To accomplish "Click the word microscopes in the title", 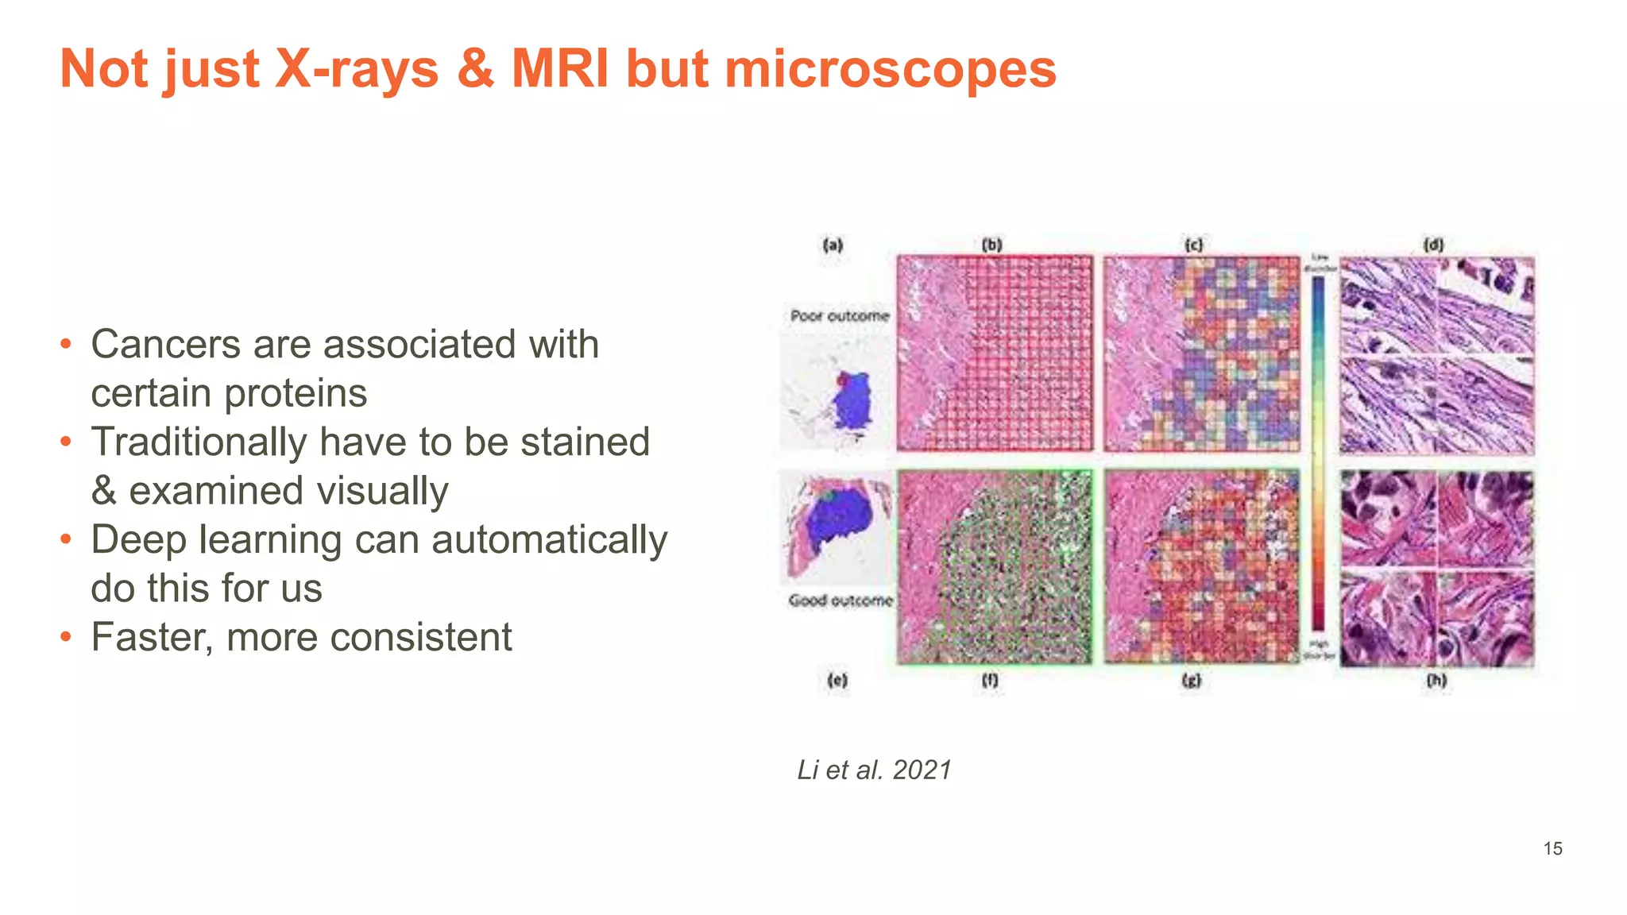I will [x=890, y=69].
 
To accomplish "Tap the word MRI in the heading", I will [x=560, y=69].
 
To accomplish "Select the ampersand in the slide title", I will [x=475, y=69].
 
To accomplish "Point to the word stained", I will [x=585, y=442].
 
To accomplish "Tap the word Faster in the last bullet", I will [x=152, y=637].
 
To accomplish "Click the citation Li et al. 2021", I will [x=874, y=770].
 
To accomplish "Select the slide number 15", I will [x=1552, y=848].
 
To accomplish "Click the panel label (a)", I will [x=832, y=245].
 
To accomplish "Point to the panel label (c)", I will [x=1193, y=245].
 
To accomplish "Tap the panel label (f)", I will [x=990, y=680].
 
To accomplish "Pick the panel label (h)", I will [x=1436, y=680].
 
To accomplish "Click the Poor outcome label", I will [x=840, y=315].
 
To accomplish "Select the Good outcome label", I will [x=841, y=600].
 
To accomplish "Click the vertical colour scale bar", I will [x=1318, y=453].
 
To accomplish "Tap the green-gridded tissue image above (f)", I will [x=995, y=567].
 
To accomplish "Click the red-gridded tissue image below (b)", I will [x=995, y=353].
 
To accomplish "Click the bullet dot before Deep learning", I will [x=67, y=540].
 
